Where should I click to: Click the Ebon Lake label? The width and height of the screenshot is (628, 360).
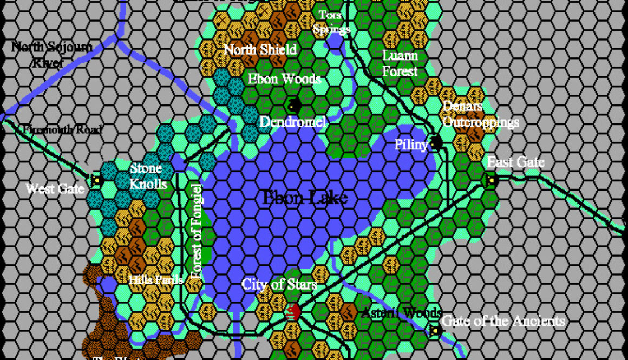point(304,198)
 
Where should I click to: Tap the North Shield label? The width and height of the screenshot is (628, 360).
point(260,50)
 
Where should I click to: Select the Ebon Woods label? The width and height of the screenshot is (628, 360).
point(284,78)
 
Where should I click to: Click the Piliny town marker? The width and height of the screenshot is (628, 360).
point(436,143)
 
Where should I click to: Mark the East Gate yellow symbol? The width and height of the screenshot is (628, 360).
point(492,180)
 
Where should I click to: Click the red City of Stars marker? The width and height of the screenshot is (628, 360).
point(293,311)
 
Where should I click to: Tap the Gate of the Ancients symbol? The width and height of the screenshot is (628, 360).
point(433,330)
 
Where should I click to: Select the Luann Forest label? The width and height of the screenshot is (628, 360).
point(400,63)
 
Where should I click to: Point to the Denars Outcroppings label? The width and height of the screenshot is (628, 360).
point(480,114)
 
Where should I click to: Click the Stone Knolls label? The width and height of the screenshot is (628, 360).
point(148,176)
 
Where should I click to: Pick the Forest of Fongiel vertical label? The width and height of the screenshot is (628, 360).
point(196,231)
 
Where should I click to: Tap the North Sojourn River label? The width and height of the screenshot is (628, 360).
point(51,55)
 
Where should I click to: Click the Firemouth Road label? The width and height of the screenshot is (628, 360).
point(63,130)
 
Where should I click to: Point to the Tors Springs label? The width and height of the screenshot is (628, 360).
point(331,22)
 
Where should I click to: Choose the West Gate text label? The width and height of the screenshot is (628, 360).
point(55,189)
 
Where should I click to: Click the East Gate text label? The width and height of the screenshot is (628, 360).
point(515,162)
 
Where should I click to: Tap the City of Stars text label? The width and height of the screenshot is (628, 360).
point(279,284)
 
